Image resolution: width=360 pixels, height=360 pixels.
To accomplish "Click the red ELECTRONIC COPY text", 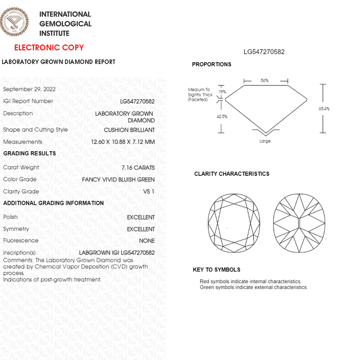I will click(49, 48).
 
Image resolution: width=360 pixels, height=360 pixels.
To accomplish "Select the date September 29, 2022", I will click(29, 89).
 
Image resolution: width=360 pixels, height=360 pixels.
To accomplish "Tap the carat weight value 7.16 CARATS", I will click(137, 168).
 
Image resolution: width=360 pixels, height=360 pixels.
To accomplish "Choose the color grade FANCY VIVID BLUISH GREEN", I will click(118, 179).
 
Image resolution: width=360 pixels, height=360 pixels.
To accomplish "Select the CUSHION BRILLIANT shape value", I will click(129, 130).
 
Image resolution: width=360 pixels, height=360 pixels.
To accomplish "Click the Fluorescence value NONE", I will click(147, 241).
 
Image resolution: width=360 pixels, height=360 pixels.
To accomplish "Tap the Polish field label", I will click(11, 217).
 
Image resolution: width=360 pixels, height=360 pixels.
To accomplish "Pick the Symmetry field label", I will click(16, 229).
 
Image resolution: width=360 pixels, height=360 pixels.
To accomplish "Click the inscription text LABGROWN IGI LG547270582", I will click(117, 253).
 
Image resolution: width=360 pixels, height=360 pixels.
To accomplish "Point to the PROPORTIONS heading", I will click(211, 64).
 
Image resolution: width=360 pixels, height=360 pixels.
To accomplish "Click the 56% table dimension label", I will click(264, 81).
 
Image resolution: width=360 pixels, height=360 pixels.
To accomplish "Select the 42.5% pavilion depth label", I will click(222, 117).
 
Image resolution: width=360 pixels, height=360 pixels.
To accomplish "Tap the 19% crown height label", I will click(222, 92).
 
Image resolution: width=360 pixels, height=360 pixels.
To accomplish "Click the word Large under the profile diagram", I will click(265, 141).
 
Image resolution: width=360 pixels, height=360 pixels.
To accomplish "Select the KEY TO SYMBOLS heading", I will click(217, 269).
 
